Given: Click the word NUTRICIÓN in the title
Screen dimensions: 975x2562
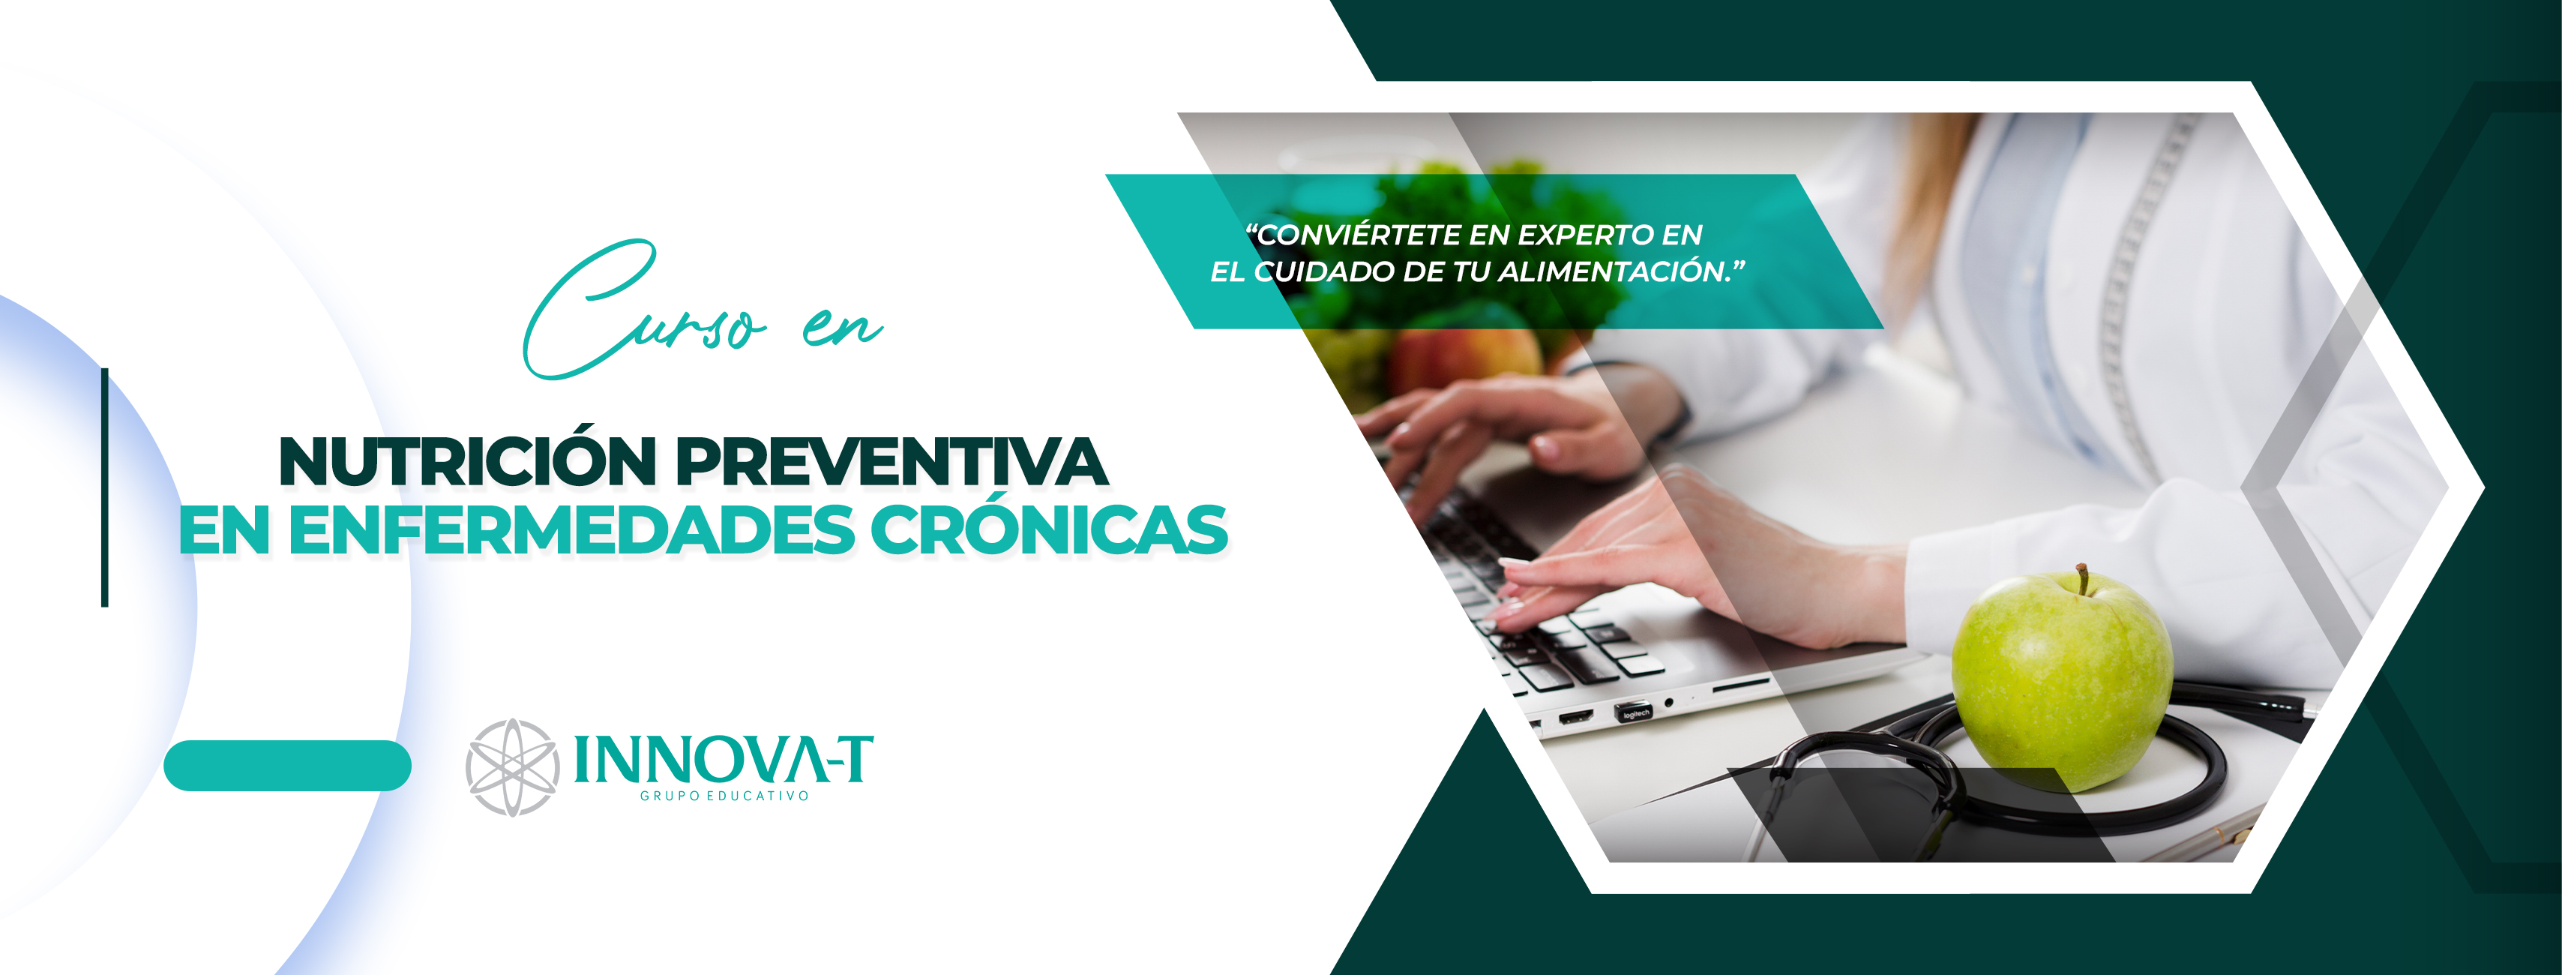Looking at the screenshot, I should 467,463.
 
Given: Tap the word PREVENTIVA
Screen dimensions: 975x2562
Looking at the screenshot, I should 891,463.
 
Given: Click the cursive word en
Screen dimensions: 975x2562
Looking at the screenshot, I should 841,328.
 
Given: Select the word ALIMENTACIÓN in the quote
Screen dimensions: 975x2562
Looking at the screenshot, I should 1617,271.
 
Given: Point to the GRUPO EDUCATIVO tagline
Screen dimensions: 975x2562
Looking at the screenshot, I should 724,796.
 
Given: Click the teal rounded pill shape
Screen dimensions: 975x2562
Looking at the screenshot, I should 287,766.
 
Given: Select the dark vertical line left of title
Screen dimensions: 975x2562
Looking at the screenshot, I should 104,487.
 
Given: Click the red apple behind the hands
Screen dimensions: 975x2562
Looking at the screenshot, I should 1462,358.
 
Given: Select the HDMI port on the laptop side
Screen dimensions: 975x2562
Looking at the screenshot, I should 1575,716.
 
